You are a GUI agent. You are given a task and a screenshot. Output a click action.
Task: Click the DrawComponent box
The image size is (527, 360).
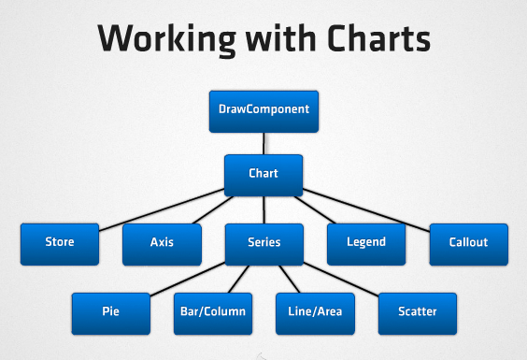(x=263, y=109)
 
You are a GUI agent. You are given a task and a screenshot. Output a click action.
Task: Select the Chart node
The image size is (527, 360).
(x=263, y=174)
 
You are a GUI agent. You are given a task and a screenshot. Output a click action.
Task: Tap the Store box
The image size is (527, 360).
(x=59, y=242)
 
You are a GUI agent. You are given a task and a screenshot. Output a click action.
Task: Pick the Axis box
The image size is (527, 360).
(x=162, y=242)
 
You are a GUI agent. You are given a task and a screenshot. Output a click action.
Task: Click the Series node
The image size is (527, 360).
(x=263, y=242)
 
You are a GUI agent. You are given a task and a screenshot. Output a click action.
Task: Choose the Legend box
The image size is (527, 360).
(x=366, y=242)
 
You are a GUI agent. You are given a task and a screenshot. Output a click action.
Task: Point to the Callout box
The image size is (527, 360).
(x=469, y=242)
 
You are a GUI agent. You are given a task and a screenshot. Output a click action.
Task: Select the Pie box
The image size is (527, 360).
(x=110, y=311)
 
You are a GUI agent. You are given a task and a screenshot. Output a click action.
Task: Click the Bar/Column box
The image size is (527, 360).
(x=212, y=311)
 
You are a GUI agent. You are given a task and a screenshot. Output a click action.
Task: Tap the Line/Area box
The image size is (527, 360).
(x=315, y=311)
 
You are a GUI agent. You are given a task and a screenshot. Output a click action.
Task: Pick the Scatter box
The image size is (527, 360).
(x=418, y=311)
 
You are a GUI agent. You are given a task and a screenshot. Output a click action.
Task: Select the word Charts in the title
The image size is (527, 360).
(x=379, y=39)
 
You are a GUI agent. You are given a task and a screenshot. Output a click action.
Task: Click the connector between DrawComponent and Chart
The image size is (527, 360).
(x=263, y=142)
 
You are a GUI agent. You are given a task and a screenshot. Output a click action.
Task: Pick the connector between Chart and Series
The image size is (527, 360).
(x=263, y=209)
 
